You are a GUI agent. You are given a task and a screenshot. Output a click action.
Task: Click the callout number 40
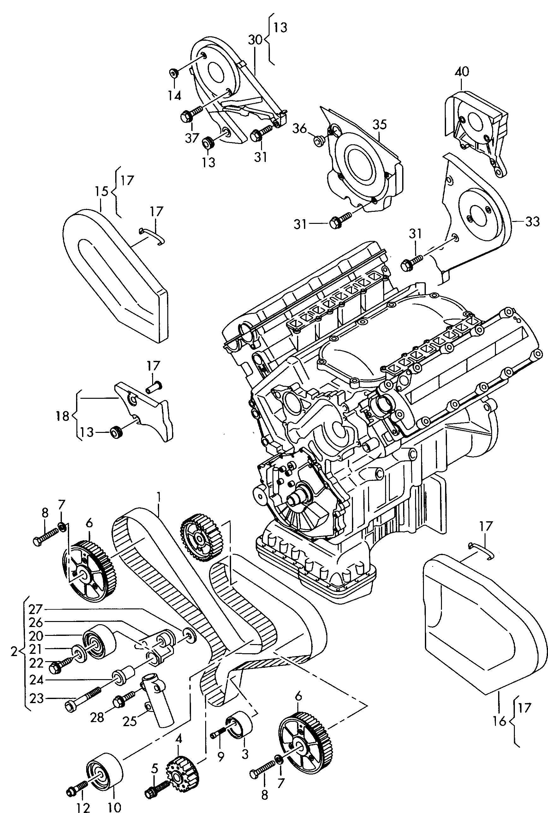click(x=462, y=72)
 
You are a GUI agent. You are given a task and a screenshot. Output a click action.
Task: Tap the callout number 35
click(x=379, y=125)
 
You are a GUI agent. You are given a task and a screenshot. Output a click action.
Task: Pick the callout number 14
click(x=174, y=95)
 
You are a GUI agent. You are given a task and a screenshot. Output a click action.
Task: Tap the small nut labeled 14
click(x=174, y=73)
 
